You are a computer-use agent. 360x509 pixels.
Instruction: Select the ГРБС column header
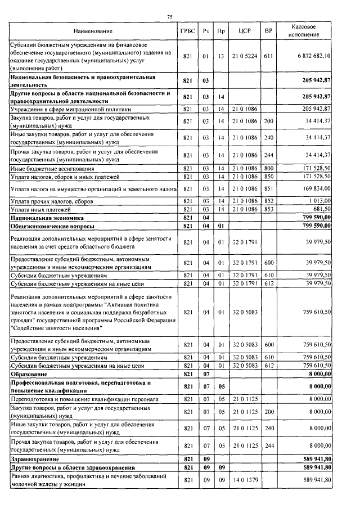(188, 30)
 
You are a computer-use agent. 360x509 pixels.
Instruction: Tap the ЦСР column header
(244, 30)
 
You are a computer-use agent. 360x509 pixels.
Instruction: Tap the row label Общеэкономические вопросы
(51, 226)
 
